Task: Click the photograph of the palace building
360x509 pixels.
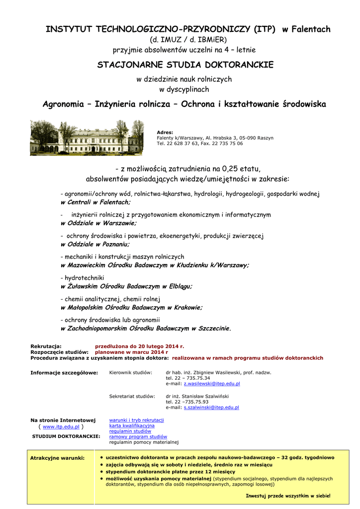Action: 87,137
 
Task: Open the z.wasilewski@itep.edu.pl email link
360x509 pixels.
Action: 212,384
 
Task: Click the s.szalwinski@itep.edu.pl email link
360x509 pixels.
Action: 211,407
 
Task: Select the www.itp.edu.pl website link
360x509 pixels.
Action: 61,426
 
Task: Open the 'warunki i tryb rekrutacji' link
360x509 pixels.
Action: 136,420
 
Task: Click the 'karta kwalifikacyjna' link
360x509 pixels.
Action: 132,425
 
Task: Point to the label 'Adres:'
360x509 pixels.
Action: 165,132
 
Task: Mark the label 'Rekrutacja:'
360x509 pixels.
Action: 46,346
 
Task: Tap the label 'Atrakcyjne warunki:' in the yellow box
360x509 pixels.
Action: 57,457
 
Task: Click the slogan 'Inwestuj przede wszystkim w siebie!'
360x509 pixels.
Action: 288,496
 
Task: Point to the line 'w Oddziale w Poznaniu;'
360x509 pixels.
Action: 94,244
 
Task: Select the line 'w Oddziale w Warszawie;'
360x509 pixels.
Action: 98,223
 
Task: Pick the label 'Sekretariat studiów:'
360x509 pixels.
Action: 132,396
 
